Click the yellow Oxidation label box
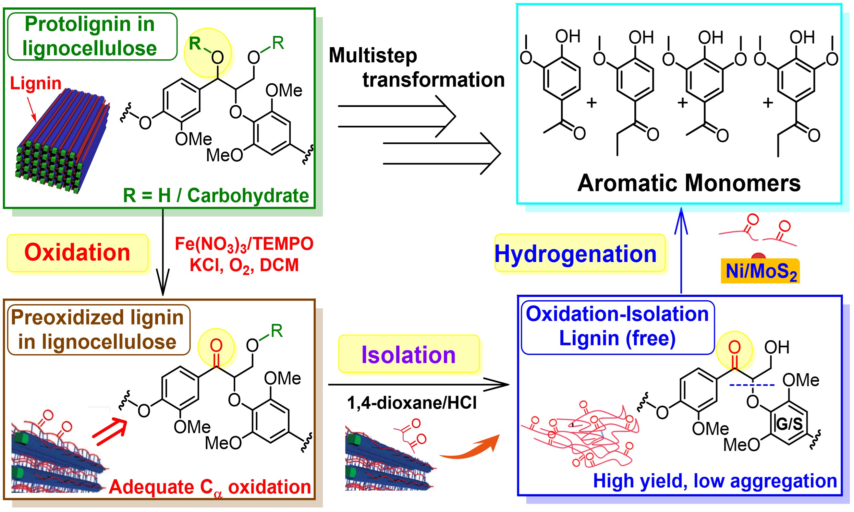click(x=77, y=253)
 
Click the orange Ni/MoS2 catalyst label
click(x=760, y=271)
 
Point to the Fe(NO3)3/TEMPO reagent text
click(x=244, y=244)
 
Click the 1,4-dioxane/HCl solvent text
click(x=412, y=403)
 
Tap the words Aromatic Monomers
click(x=689, y=183)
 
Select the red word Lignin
click(x=36, y=83)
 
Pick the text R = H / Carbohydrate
click(x=216, y=196)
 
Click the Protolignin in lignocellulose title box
click(x=92, y=36)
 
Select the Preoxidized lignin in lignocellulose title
click(x=98, y=329)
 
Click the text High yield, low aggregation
click(x=714, y=481)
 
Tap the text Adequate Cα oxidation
click(x=210, y=487)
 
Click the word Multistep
click(x=373, y=55)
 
